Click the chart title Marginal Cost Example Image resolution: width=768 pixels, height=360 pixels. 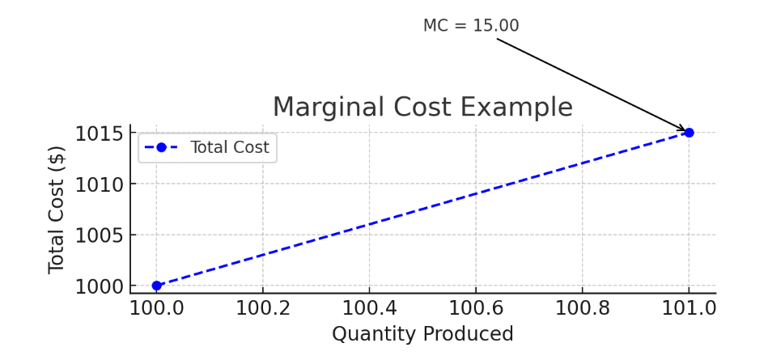coord(422,108)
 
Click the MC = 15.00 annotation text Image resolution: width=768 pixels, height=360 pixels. coord(471,26)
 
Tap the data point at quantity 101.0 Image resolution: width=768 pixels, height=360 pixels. coord(689,133)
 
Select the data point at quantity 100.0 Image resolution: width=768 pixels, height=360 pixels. coord(157,286)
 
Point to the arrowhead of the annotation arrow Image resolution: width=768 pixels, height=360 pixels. coord(684,129)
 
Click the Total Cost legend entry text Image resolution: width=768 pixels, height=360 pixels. coord(230,147)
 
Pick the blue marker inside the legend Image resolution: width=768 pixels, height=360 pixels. coord(161,147)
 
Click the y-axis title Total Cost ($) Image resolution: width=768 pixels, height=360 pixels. coord(56,210)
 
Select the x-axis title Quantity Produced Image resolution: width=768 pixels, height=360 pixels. coord(422,334)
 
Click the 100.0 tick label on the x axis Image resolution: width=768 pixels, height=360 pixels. coord(157,308)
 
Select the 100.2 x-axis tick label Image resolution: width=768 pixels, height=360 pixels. coord(263,308)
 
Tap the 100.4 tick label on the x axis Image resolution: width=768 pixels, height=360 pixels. coord(369,308)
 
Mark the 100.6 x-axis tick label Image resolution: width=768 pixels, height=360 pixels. coord(476,308)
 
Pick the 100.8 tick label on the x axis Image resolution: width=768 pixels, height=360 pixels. coord(582,308)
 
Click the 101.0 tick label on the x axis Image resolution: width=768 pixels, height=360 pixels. coord(689,308)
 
